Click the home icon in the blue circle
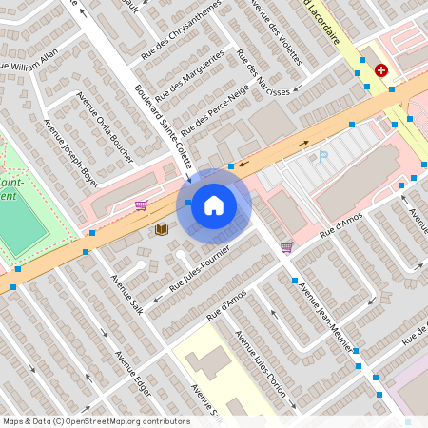point(214,205)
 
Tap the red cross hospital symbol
point(381,70)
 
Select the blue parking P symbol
point(322,156)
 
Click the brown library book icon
point(162,229)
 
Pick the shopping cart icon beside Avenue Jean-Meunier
point(286,247)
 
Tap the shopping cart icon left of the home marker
point(141,204)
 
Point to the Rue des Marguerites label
point(190,75)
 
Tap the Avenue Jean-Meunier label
point(323,313)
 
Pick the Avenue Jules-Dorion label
point(261,366)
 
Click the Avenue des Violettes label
point(275,32)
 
